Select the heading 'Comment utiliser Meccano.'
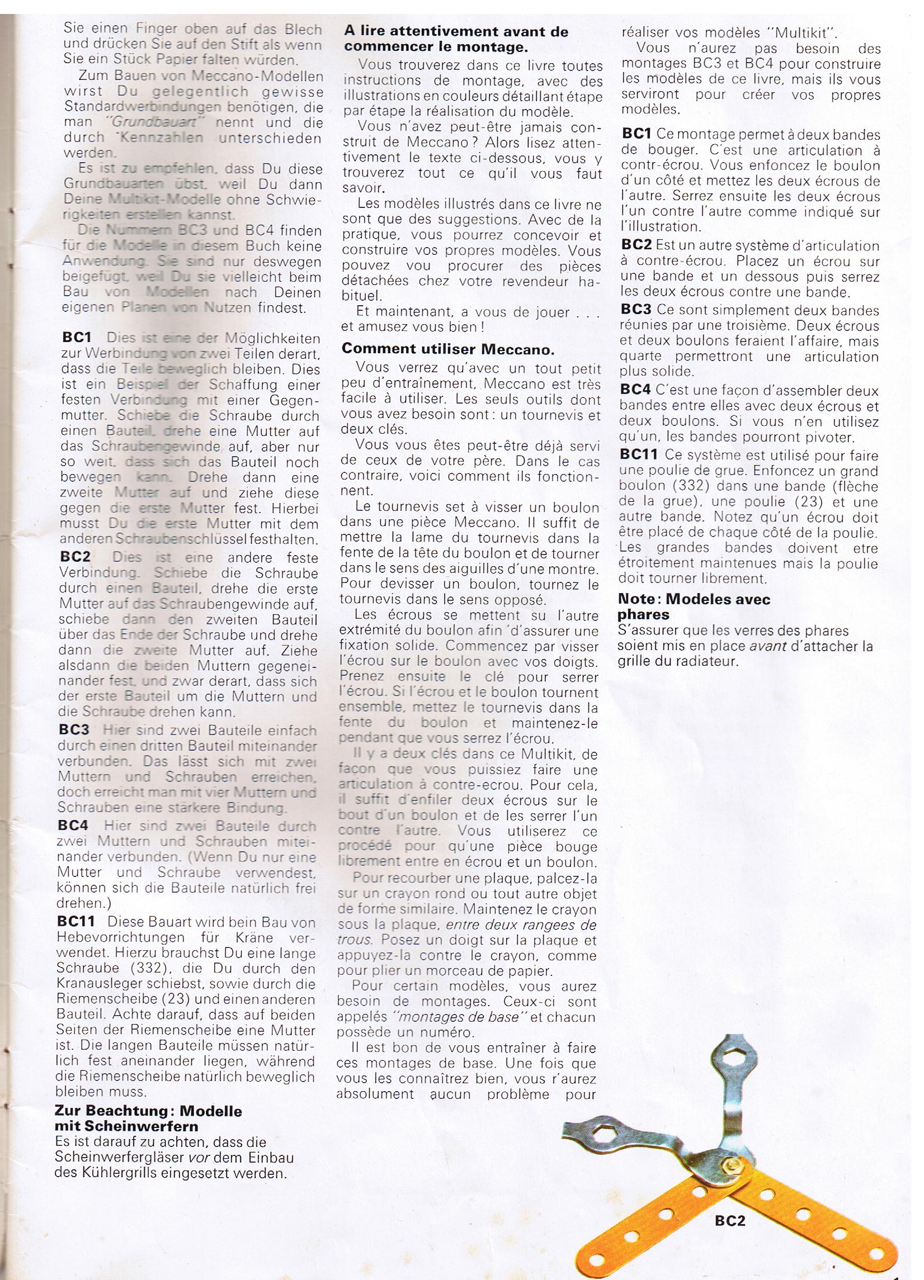tap(449, 349)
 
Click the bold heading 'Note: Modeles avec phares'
tap(694, 606)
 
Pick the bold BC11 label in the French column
tap(639, 454)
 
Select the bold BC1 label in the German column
tap(77, 338)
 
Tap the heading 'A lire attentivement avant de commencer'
tap(456, 39)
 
